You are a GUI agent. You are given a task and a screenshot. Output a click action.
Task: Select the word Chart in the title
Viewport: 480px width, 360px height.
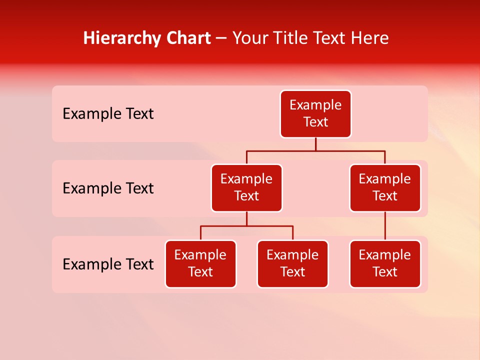(189, 38)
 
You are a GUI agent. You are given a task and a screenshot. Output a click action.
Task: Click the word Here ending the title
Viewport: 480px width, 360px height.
(370, 38)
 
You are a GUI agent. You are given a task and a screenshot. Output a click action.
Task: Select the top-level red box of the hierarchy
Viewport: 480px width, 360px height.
(315, 114)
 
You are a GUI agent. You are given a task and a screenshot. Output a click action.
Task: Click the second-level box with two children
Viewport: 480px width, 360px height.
(246, 188)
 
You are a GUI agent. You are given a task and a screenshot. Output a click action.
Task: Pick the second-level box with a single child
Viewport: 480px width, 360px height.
(385, 188)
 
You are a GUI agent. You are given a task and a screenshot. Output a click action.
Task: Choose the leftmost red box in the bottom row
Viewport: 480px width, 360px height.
(200, 264)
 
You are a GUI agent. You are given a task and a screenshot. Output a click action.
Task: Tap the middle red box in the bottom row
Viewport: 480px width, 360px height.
(292, 264)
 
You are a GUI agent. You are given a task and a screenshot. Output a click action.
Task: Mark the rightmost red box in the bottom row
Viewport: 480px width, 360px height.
(385, 264)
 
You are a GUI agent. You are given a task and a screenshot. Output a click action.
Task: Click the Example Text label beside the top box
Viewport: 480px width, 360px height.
(108, 114)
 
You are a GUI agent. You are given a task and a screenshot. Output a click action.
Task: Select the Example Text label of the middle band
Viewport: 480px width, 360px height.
(108, 188)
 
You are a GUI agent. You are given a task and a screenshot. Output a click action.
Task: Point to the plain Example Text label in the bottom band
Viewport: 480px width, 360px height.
(108, 264)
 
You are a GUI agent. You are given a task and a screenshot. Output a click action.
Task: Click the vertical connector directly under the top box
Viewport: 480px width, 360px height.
(315, 144)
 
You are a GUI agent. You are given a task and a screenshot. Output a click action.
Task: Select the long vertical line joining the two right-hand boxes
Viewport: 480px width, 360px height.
(385, 226)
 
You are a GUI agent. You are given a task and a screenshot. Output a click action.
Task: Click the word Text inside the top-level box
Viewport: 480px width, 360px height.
(315, 122)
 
